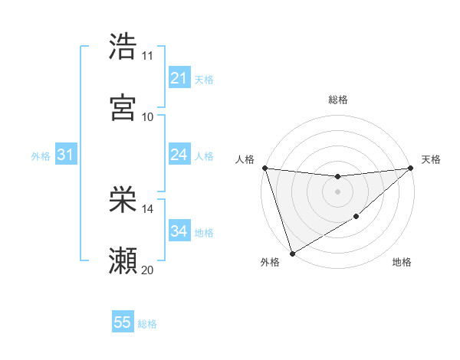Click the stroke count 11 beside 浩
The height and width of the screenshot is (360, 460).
[148, 56]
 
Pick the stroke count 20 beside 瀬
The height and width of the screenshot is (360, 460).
[148, 270]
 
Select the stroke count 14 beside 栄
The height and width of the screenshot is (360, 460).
[148, 209]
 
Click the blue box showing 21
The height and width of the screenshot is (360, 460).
[179, 78]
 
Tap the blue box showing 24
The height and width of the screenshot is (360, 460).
[179, 155]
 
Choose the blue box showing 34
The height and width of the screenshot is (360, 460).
[179, 231]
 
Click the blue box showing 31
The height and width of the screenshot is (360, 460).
[65, 155]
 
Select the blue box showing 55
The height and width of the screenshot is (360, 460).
[123, 322]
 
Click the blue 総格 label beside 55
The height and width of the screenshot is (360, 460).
[147, 324]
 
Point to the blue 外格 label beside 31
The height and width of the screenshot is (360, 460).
[41, 156]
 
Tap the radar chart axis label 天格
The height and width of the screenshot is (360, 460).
[431, 159]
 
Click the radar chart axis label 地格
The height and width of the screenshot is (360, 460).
[402, 262]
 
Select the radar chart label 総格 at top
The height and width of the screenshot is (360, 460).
[338, 100]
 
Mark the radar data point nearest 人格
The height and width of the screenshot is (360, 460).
[264, 168]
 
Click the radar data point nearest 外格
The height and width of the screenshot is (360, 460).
[292, 254]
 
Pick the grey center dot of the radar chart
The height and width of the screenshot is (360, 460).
[337, 191]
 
